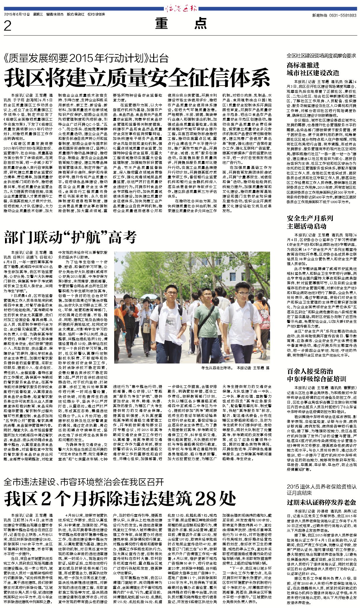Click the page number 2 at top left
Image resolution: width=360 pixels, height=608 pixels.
coord(8,26)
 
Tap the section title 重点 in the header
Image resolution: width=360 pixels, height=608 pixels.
coord(181,23)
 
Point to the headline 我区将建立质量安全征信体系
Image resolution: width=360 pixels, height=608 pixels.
coord(137,78)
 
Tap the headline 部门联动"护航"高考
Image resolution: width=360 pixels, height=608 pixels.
coord(70,237)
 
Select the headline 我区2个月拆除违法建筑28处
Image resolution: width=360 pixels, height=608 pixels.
coord(120,499)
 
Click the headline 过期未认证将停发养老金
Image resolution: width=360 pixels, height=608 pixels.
coord(321,502)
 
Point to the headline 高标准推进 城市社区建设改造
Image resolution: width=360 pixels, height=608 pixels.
coord(313,69)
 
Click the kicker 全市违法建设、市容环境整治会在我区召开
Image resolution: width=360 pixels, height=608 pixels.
coord(84,482)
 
